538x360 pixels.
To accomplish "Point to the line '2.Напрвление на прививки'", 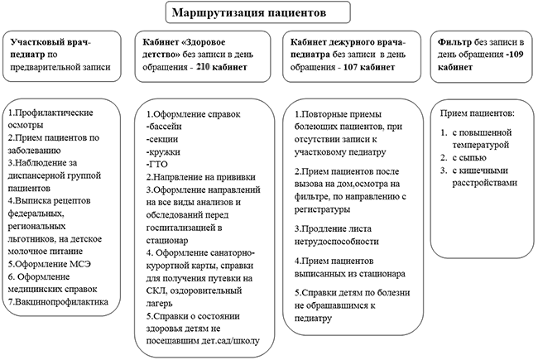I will click(x=199, y=178).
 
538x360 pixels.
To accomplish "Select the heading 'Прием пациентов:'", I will click(x=478, y=113).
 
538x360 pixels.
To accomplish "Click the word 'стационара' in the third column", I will click(x=379, y=272).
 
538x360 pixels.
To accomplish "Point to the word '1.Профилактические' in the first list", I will click(x=50, y=112).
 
